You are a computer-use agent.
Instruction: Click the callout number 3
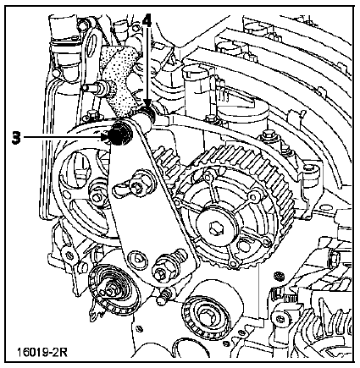pos(16,137)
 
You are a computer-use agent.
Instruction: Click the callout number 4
pos(146,20)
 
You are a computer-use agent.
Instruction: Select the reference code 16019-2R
pos(42,352)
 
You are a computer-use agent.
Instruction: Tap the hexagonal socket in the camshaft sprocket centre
pos(215,228)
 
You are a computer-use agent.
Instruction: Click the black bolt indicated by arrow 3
pos(119,135)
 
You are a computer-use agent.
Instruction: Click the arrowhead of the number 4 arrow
pos(147,103)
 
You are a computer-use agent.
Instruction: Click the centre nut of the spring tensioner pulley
pos(111,288)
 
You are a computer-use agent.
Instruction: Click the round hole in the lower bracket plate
pos(137,257)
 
